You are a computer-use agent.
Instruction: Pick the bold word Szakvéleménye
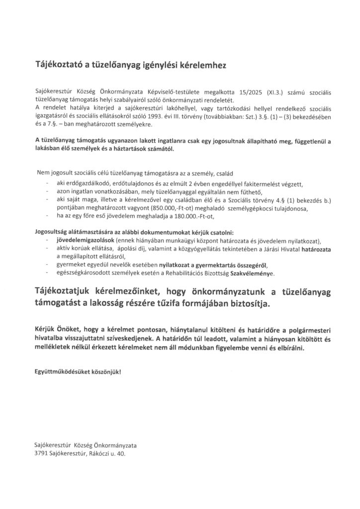(252, 273)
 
